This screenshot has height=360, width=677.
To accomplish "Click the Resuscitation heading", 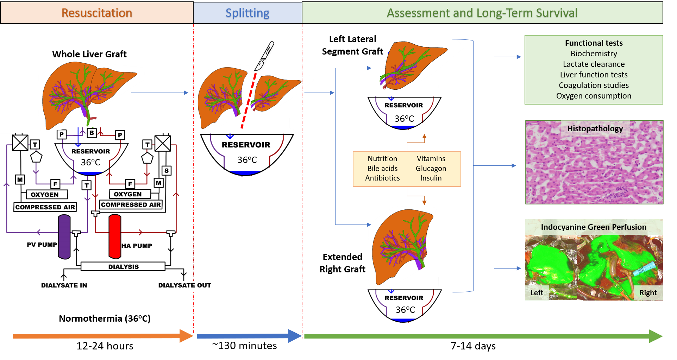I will pos(97,13).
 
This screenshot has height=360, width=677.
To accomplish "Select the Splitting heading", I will pos(247,13).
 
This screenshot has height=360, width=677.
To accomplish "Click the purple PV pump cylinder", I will pos(64,237).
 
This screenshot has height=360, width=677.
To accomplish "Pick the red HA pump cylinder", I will pos(115,236).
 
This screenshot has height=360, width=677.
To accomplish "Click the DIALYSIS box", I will pos(123,266).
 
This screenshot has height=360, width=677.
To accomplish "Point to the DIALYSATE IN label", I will pos(64,285).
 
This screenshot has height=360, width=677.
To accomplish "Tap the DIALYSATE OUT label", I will pos(184,285).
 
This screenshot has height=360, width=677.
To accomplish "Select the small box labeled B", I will pos(92,133).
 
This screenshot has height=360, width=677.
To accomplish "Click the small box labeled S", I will pos(167,171).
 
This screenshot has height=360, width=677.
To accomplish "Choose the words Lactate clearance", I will pos(594,64).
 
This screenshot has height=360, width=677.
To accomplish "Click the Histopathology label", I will pos(595,128).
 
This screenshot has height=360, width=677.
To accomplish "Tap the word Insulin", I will pos(431,178).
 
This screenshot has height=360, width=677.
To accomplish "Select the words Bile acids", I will pos(382,169).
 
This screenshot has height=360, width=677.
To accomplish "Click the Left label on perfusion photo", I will pos(537,293).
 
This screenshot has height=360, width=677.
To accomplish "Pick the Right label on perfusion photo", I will pos(648,293).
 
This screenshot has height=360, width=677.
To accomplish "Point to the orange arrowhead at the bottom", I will pos(186,336).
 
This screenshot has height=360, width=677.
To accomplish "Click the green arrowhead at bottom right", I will pos(656,336).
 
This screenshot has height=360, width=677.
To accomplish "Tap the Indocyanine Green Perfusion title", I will pos(594,227).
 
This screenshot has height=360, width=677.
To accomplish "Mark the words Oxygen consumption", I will pos(594,96).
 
